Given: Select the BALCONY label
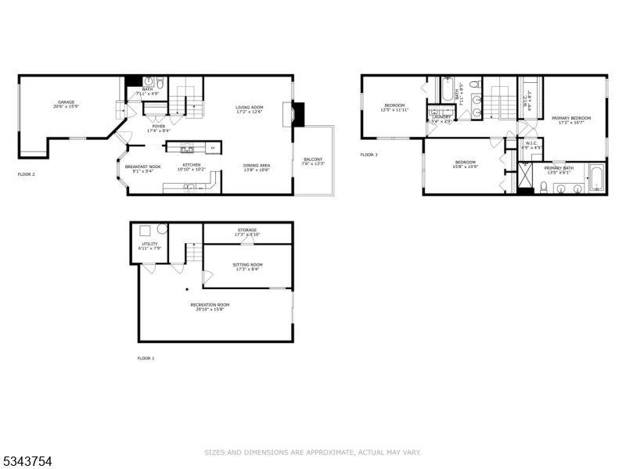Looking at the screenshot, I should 313,159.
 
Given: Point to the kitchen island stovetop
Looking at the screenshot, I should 186,148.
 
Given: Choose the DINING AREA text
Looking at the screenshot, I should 257,165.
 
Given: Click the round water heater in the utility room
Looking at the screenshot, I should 160,230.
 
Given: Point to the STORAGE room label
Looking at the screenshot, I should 247,230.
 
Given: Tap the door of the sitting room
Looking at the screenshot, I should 207,276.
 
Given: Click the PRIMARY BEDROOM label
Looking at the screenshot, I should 570,118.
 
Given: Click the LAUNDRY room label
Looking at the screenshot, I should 441,116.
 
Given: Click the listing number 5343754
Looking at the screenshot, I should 27,462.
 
